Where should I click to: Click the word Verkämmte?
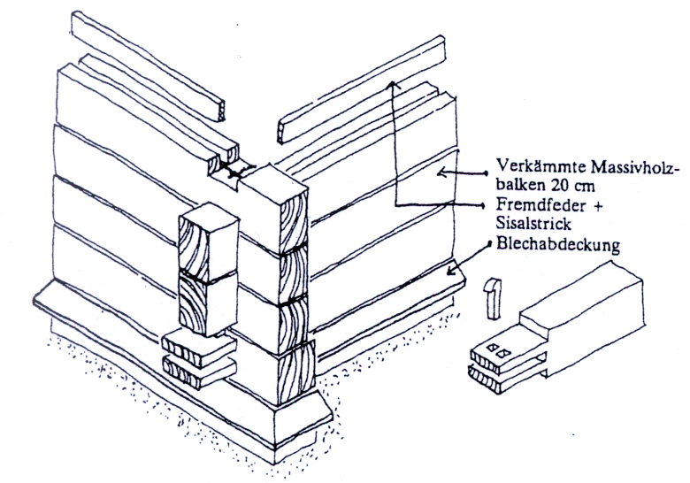(530, 165)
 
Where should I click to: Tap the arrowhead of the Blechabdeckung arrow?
(451, 271)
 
